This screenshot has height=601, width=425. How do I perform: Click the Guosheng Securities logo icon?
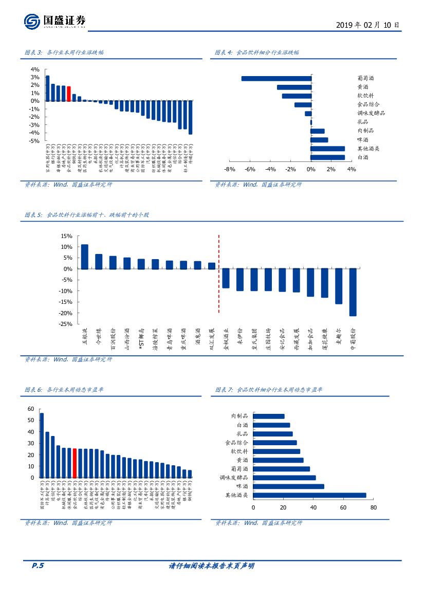(x=32, y=22)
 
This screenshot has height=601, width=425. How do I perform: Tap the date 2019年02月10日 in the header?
(x=367, y=25)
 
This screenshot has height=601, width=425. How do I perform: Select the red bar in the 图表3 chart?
(x=69, y=94)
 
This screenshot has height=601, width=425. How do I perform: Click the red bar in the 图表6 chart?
(x=75, y=463)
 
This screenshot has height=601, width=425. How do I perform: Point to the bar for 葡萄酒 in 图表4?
(x=276, y=79)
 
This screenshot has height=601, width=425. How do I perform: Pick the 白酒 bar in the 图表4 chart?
(x=328, y=157)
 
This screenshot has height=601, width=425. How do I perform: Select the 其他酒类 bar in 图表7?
(x=310, y=495)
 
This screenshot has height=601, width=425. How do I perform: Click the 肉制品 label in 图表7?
(x=239, y=416)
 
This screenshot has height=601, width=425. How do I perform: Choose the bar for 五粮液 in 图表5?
(x=85, y=257)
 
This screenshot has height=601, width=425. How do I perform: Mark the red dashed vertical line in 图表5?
(x=219, y=274)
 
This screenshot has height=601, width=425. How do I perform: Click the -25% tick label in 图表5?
(x=66, y=324)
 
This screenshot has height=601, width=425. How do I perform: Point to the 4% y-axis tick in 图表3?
(x=35, y=69)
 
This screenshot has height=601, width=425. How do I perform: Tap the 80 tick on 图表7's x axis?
(x=373, y=507)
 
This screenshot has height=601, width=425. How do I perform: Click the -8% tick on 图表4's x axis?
(x=230, y=170)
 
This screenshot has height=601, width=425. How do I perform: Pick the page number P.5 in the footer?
(x=38, y=566)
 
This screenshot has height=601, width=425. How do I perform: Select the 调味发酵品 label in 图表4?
(x=371, y=113)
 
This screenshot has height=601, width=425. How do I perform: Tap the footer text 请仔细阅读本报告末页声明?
(x=212, y=566)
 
